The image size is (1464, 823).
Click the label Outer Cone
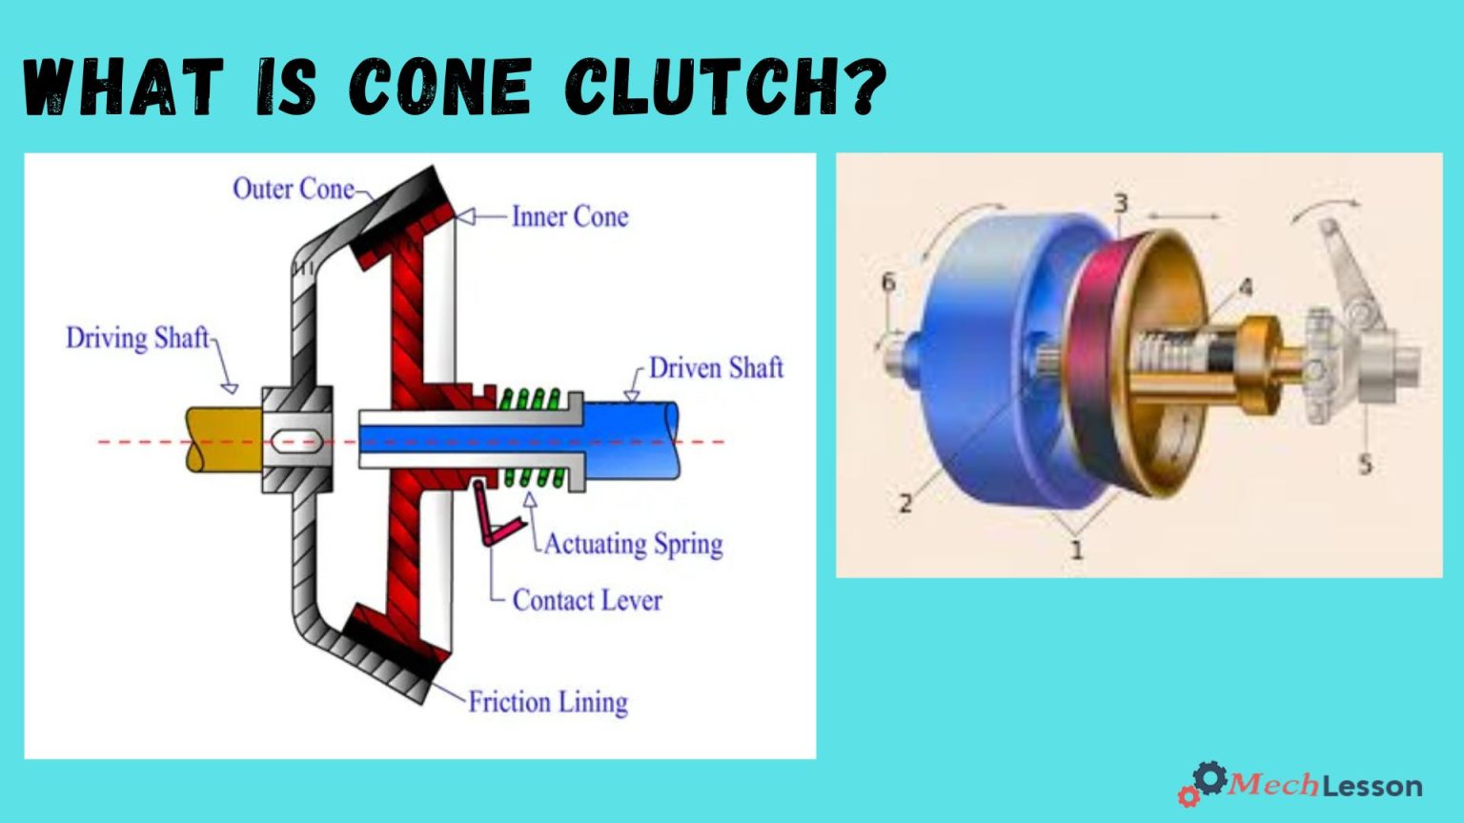[x=293, y=189]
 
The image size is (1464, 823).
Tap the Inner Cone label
[x=570, y=217]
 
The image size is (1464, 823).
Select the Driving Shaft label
[x=137, y=338]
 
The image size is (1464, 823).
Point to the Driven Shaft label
[x=716, y=368]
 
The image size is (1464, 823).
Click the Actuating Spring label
[x=634, y=544]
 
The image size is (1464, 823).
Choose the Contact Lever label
[x=587, y=600]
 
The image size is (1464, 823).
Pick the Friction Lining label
[x=548, y=702]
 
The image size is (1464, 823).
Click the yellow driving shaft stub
[x=222, y=439]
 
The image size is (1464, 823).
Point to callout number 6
[x=888, y=282]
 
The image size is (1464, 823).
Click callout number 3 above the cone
[x=1121, y=203]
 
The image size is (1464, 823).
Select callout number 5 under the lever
[x=1365, y=465]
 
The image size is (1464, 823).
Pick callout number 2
[x=905, y=502]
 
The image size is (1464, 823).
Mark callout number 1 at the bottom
[x=1077, y=550]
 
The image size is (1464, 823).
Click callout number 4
[x=1245, y=287]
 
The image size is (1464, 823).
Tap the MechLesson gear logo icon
[x=1205, y=782]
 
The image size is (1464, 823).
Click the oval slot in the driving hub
[x=297, y=440]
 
